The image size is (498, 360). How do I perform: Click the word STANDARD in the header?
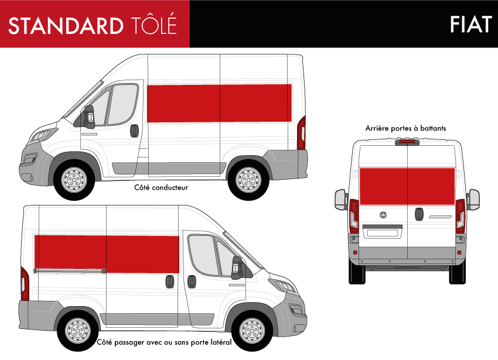(66, 25)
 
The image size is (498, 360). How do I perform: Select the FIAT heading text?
(471, 25)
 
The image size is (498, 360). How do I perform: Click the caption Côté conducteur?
(161, 188)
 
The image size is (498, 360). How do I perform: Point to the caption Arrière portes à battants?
(405, 128)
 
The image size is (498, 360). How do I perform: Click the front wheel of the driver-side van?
(74, 180)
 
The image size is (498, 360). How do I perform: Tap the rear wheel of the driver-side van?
(248, 180)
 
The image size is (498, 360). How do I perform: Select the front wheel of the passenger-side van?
(252, 331)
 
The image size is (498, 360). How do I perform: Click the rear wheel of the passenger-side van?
(78, 331)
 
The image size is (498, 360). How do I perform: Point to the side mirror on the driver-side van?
(88, 116)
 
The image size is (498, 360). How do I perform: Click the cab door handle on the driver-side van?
(134, 131)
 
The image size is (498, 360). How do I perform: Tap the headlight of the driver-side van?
(42, 135)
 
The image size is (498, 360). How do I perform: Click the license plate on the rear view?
(383, 233)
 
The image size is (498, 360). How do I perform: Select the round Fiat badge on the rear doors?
(384, 215)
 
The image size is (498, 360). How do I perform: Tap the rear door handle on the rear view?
(419, 214)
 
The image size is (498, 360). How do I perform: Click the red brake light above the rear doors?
(407, 142)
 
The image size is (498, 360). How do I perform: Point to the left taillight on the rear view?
(354, 216)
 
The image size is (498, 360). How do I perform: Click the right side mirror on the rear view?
(473, 200)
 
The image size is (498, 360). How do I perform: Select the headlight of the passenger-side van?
(282, 286)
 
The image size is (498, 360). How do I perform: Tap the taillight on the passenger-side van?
(25, 284)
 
